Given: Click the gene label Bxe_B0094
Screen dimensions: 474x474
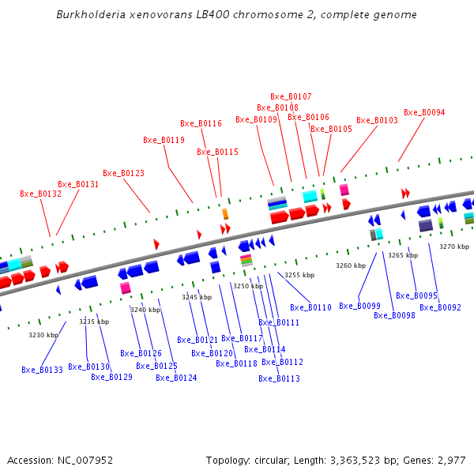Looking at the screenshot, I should point(424,112).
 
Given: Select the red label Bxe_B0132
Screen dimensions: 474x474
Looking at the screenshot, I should point(40,194).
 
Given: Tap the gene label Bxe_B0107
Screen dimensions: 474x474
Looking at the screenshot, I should point(291,96).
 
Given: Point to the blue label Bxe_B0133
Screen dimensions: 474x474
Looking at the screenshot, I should point(42,370).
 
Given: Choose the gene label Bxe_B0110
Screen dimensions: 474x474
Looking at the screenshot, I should point(310,307).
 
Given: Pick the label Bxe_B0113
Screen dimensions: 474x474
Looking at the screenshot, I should point(279,378).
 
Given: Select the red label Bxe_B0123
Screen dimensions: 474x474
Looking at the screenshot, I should point(123,173).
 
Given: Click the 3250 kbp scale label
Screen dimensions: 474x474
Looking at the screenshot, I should point(247,286).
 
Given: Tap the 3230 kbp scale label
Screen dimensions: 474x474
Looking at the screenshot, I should point(43,335).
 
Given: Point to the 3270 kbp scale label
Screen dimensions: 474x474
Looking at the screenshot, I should point(454,246).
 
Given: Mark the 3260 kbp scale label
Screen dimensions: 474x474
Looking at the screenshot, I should point(351,265).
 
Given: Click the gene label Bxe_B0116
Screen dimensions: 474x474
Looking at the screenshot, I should point(201,123).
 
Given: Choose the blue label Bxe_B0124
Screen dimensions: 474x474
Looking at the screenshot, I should point(176,378).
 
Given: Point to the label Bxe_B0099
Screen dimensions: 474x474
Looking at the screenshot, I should point(359,306).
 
